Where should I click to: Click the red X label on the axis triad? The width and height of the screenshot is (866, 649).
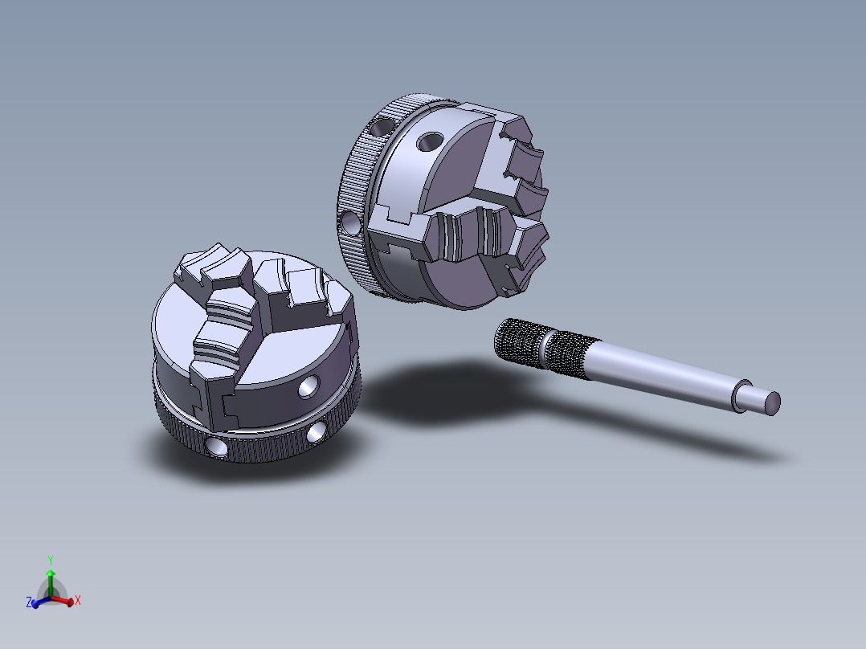click(x=77, y=600)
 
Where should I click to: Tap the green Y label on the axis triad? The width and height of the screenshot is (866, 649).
click(x=50, y=559)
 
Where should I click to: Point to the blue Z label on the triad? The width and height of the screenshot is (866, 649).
click(x=29, y=602)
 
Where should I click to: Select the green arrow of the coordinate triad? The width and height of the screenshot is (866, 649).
click(x=50, y=577)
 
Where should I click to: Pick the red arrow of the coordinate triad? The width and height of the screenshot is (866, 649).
click(x=64, y=598)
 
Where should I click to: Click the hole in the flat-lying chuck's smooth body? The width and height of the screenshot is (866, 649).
click(x=307, y=388)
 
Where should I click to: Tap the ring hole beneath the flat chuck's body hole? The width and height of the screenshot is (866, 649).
click(x=317, y=432)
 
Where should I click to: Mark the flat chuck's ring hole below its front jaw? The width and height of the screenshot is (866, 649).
click(x=216, y=444)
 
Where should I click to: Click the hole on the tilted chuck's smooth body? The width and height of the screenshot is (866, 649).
click(x=431, y=142)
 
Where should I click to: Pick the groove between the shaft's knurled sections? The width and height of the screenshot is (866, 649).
click(x=547, y=351)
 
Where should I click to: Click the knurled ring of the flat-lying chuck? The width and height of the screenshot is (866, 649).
click(x=265, y=451)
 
